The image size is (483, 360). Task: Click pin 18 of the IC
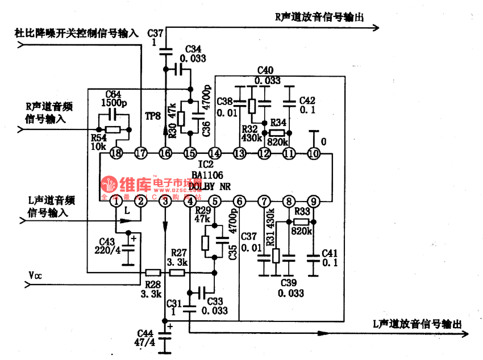(x=116, y=153)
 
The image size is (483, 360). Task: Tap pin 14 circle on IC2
(x=215, y=153)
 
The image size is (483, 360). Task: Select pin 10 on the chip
(x=313, y=153)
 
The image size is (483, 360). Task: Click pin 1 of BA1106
(x=116, y=200)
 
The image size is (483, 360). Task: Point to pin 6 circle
(x=239, y=200)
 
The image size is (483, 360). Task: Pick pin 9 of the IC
(x=313, y=200)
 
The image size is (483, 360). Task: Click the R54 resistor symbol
(x=113, y=129)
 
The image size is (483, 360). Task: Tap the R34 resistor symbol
(x=277, y=133)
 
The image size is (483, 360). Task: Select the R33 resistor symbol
(x=301, y=221)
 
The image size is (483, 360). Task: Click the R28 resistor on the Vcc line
(x=153, y=273)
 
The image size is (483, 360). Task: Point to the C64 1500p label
(x=113, y=98)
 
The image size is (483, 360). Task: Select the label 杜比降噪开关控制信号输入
(x=76, y=33)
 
